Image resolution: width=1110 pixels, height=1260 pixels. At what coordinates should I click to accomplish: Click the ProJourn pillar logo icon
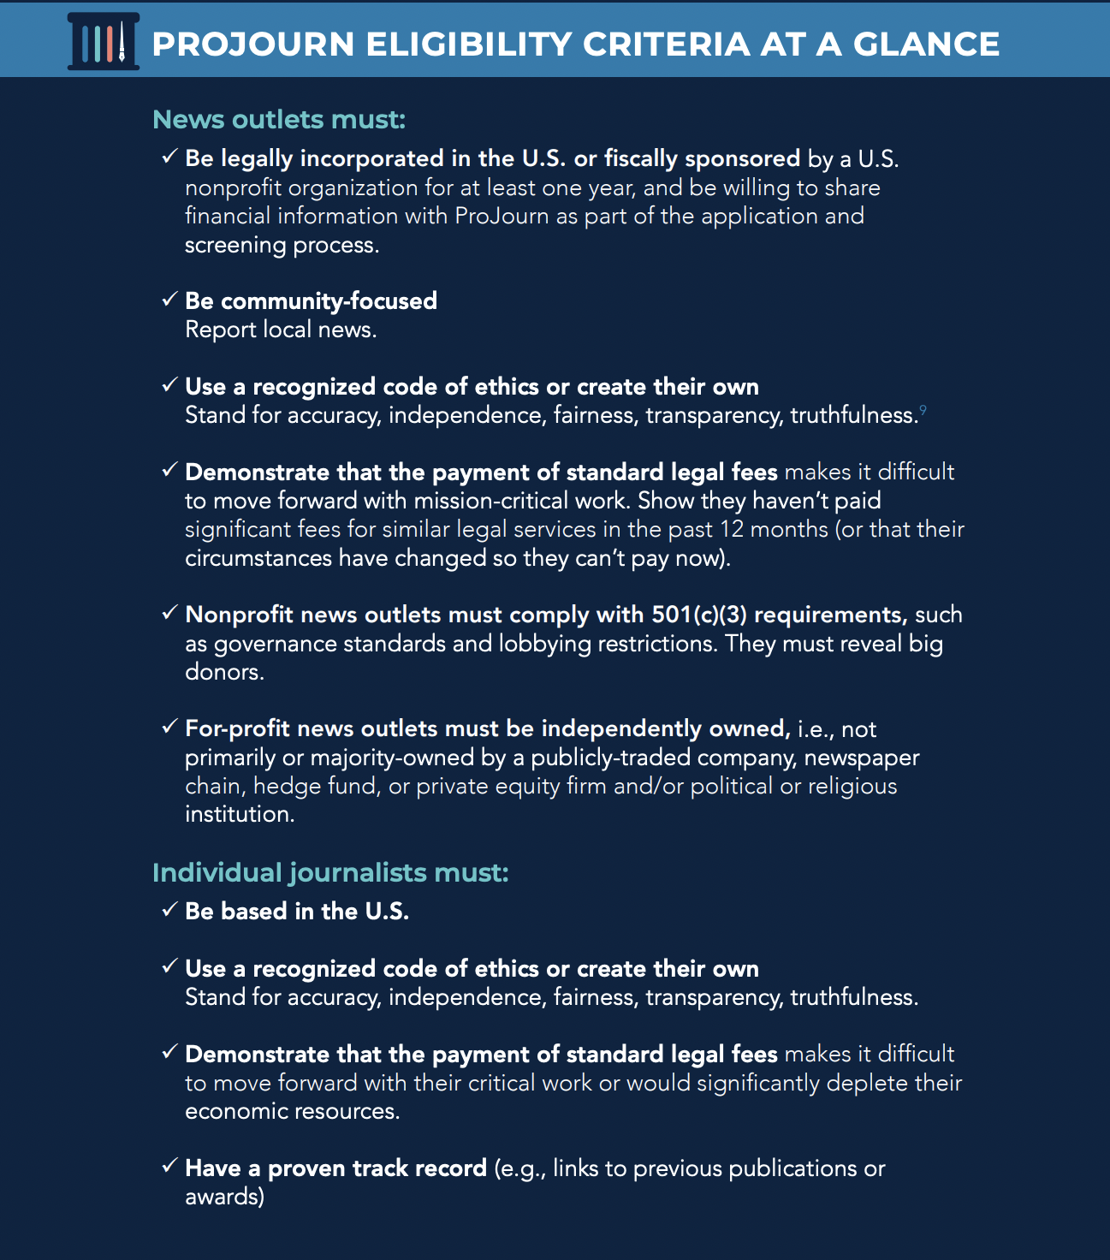[104, 41]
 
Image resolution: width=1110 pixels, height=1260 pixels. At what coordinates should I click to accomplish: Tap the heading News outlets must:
[279, 119]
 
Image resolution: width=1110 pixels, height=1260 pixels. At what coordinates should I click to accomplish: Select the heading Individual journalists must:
[330, 872]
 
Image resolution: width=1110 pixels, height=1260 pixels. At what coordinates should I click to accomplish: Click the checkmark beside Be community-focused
[169, 300]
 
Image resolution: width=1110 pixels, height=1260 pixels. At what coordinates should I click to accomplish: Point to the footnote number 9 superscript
[923, 411]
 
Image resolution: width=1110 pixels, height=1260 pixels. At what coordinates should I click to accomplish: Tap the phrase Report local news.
[281, 330]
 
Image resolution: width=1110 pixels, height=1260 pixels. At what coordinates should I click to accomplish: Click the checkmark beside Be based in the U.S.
[169, 910]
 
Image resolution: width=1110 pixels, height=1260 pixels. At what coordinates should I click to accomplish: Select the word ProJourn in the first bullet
[502, 216]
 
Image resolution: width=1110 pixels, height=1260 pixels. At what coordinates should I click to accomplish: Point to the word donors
[224, 672]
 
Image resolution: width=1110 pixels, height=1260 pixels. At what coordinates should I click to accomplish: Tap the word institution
[240, 814]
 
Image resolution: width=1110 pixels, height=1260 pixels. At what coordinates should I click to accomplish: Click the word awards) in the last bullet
[225, 1197]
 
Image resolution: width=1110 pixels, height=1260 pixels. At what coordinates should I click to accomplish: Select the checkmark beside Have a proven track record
[169, 1167]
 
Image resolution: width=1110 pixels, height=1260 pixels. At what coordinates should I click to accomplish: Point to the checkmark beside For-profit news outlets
[169, 728]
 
